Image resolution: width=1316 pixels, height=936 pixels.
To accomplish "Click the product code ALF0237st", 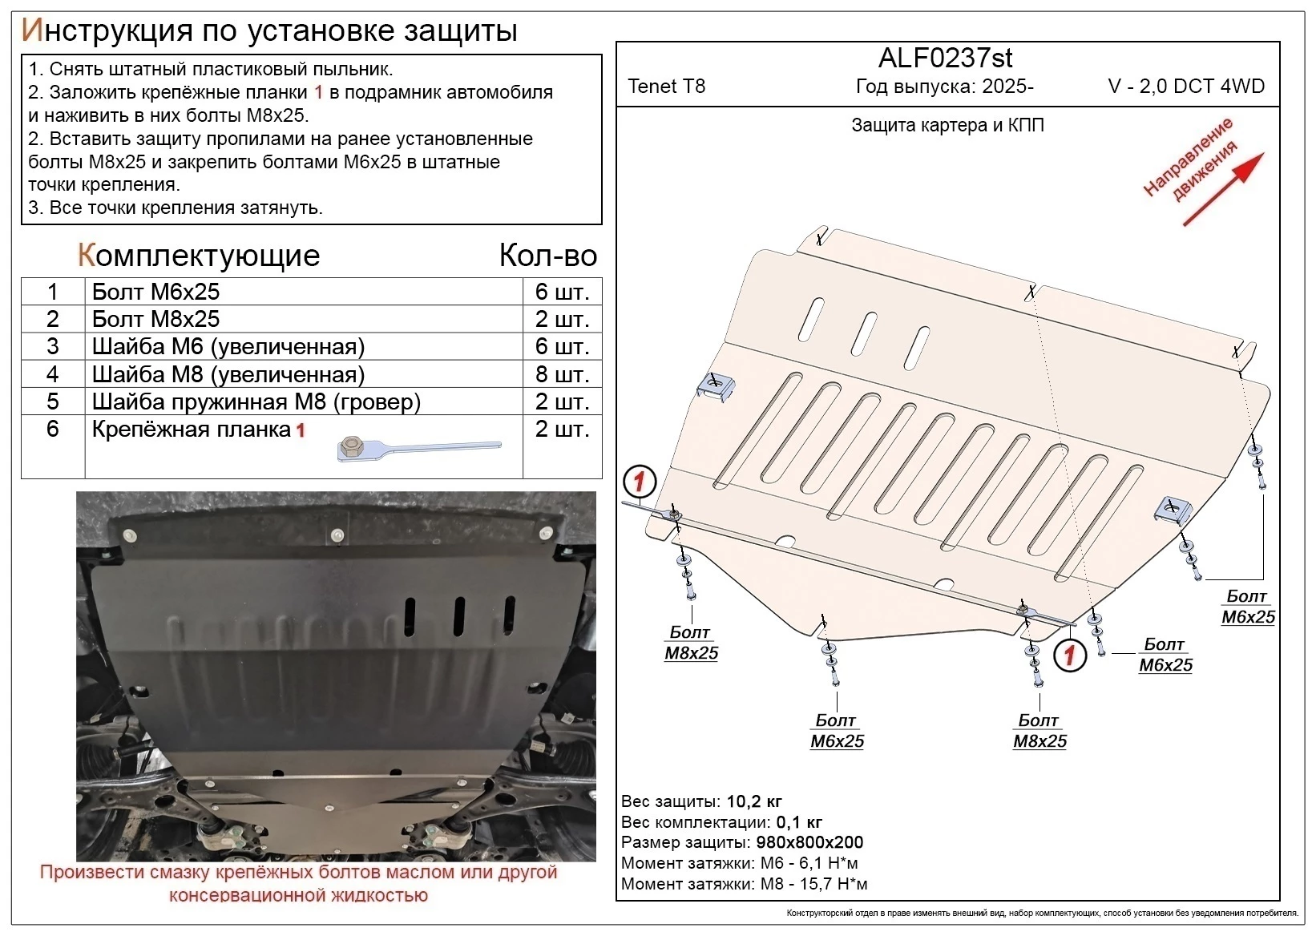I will [x=945, y=58].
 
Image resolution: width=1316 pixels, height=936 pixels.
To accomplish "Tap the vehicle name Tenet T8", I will [x=666, y=87].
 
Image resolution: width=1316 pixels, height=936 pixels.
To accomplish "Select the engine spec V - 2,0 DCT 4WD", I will [x=1186, y=87].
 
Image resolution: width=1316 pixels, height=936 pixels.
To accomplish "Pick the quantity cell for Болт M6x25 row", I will [x=562, y=292].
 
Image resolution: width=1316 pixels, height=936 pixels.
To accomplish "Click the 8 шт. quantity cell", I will [x=562, y=374].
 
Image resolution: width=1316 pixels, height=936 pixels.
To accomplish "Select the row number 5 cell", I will [x=53, y=401].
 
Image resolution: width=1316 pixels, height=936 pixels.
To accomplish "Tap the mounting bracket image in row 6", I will [x=418, y=449].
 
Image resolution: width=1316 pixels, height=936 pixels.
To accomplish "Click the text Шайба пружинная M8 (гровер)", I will [x=256, y=401].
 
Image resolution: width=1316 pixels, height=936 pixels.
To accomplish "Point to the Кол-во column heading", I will [x=547, y=256].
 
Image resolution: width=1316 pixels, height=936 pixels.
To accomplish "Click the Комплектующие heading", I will [x=199, y=256].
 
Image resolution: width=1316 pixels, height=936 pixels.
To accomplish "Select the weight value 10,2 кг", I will [x=753, y=801].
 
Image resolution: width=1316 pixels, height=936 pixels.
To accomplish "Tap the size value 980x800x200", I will [x=809, y=842].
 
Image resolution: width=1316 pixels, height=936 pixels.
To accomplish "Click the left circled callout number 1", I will [x=640, y=482].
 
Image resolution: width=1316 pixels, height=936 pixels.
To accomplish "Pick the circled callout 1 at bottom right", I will [x=1069, y=656].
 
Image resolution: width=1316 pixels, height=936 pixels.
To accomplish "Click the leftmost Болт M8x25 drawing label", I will [x=691, y=643].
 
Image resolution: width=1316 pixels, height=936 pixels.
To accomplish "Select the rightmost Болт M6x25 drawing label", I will [x=1247, y=607].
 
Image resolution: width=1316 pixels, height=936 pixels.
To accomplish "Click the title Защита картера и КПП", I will [x=947, y=125].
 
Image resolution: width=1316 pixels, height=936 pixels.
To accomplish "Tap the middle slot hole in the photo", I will [x=459, y=615].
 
